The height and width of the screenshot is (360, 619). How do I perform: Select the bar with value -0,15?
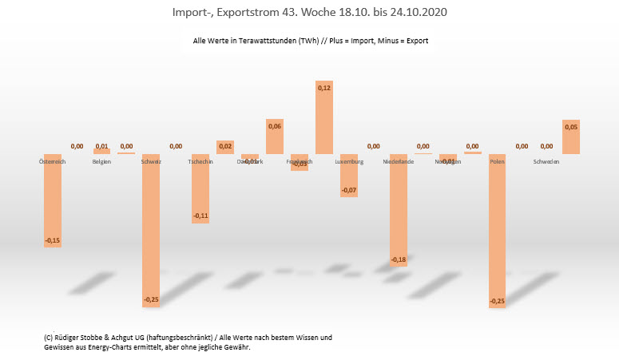[x=53, y=200]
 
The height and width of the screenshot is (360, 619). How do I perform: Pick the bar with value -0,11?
[x=200, y=188]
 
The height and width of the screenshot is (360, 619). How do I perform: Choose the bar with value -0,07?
[x=349, y=175]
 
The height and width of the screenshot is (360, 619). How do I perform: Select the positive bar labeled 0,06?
[x=275, y=136]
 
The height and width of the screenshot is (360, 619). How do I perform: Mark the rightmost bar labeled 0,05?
[x=571, y=137]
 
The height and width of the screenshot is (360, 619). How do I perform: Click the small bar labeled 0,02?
[x=225, y=147]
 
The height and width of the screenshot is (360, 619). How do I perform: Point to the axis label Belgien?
[x=101, y=162]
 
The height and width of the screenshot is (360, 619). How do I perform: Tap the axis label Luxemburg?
[x=349, y=162]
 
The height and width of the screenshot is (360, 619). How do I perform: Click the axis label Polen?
[x=497, y=162]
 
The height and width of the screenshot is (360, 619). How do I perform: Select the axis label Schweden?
[x=546, y=162]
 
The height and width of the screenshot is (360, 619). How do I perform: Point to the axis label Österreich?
[x=53, y=162]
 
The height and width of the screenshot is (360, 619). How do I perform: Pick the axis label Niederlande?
[x=399, y=162]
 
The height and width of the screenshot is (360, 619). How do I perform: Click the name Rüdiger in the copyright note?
[x=68, y=338]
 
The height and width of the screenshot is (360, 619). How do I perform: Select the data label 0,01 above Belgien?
[x=101, y=146]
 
